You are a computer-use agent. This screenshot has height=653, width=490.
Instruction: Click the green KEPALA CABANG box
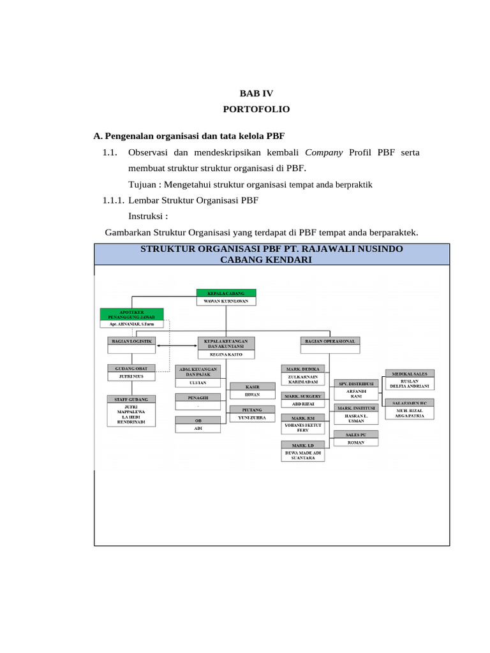point(226,293)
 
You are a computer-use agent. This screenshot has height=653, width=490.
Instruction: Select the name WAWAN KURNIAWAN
point(226,300)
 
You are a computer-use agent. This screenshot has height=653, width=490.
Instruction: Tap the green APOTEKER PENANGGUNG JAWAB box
point(131,313)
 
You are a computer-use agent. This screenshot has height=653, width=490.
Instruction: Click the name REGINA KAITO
point(226,353)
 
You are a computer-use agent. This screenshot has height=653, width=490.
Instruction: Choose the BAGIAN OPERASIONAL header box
point(330,341)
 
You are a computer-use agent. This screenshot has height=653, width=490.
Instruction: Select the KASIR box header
point(252,386)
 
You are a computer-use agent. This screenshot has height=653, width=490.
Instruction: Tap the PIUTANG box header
point(252,409)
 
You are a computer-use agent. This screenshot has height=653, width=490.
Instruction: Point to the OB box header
point(198,420)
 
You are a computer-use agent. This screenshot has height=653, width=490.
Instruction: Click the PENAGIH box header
point(198,397)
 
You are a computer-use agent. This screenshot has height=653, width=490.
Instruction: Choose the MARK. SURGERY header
point(303,396)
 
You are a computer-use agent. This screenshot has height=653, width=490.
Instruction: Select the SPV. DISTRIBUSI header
point(356,383)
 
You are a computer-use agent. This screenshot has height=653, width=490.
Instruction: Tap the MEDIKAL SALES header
point(410,373)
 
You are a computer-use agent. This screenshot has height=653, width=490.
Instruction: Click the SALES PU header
point(356,434)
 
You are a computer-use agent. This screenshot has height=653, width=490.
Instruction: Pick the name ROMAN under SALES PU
point(356,442)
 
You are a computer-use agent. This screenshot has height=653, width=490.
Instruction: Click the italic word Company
point(324,152)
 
